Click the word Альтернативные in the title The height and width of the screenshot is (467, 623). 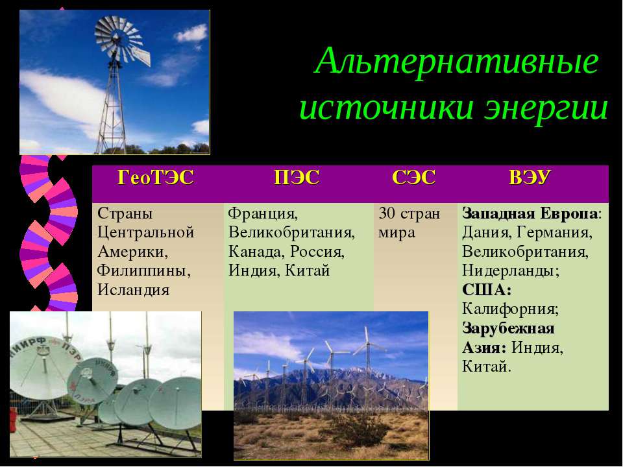456,62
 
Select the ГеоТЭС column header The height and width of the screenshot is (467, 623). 155,177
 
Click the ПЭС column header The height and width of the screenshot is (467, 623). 297,177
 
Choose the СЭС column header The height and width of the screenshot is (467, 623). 413,177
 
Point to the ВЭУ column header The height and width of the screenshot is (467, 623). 530,177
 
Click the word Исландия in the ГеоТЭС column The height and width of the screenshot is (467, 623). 134,289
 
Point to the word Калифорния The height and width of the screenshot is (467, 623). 511,309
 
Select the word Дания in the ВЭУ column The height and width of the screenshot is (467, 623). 487,233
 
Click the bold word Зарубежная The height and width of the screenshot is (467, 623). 508,328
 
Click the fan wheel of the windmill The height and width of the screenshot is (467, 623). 117,39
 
